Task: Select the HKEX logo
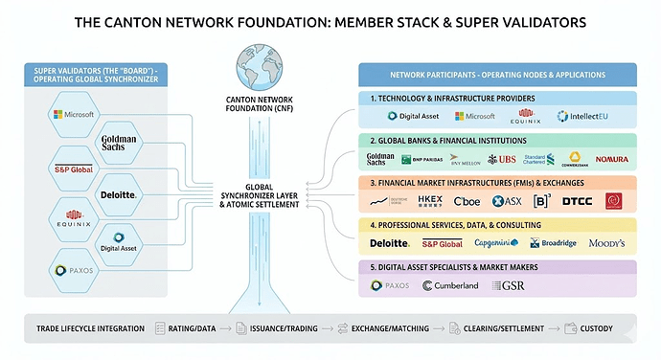(430, 201)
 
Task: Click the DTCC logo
(577, 201)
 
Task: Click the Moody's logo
(606, 243)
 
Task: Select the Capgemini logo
(496, 243)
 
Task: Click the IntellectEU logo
(583, 116)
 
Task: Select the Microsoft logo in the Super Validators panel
(74, 115)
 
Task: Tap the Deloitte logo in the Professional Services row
(389, 243)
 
